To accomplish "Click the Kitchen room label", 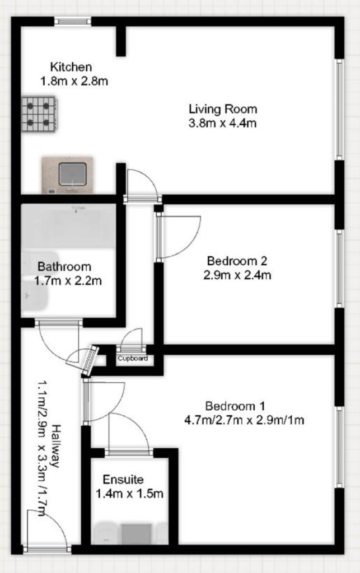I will point(71,67).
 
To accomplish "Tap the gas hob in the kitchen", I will point(39,114).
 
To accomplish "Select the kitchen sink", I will point(72,173).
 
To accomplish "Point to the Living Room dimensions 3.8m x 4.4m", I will point(222,123).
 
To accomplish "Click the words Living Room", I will point(222,109).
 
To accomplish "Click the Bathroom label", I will point(64,267).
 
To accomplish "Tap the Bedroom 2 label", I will point(237,260).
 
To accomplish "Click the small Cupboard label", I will point(132,358).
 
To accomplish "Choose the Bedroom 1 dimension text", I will point(244,420).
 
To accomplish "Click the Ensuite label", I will point(123,480).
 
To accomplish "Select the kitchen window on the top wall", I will point(73,21).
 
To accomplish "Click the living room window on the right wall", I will point(339,109).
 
